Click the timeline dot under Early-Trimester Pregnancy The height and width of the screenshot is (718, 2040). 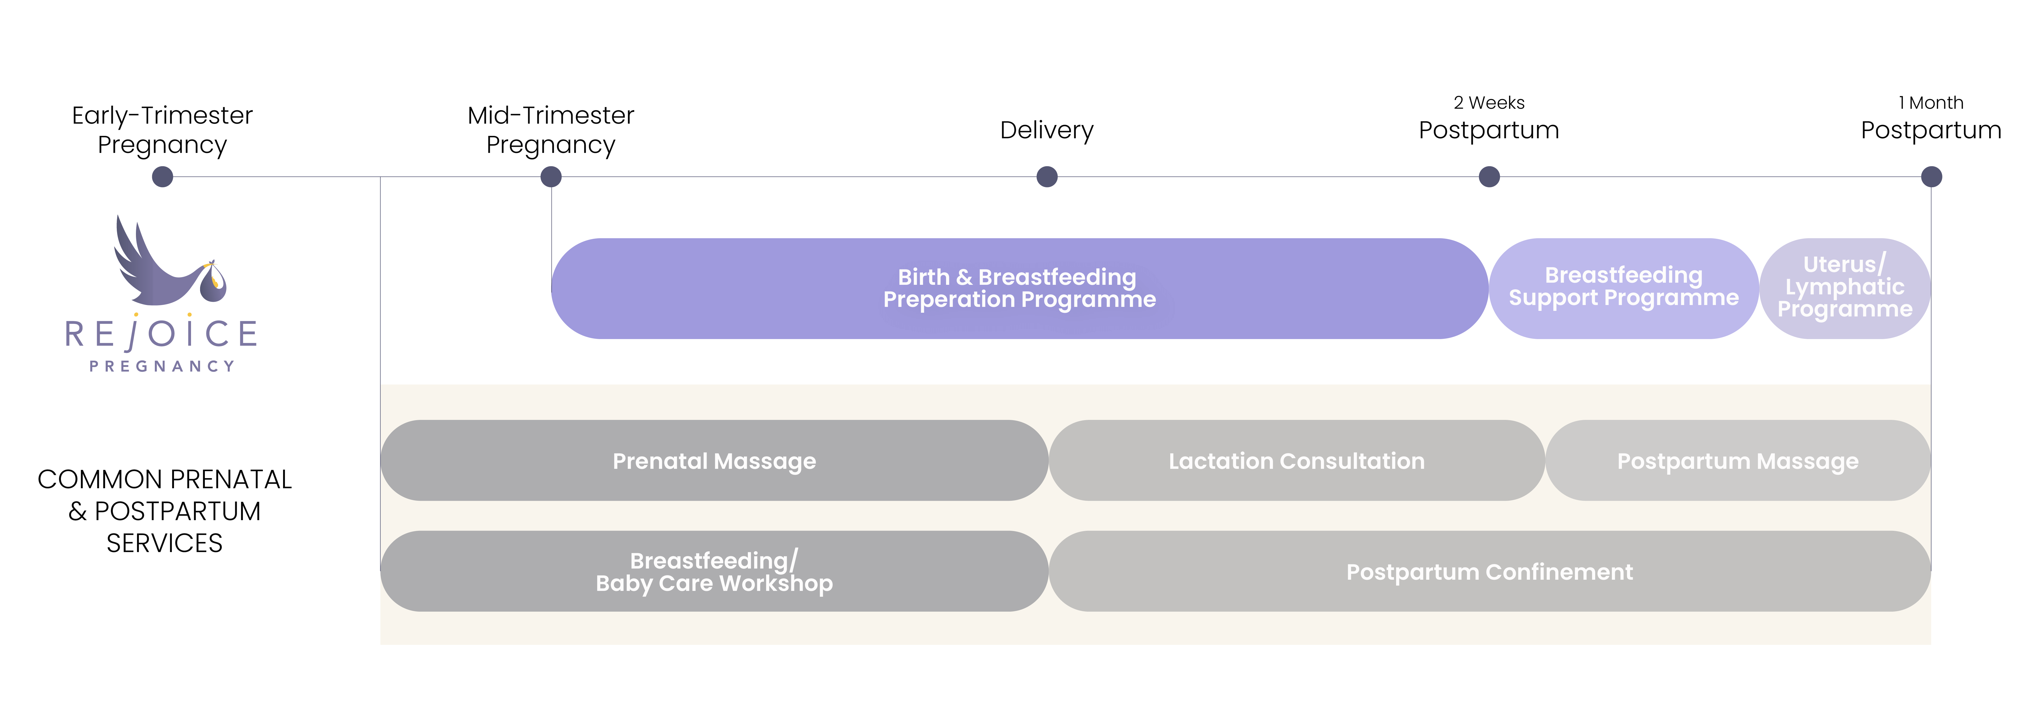click(162, 177)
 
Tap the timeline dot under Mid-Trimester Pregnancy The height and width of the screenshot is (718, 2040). click(551, 177)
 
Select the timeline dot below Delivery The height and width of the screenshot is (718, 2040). click(1047, 177)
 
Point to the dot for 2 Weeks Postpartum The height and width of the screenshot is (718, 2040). click(1489, 177)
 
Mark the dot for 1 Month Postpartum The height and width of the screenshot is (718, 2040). click(1931, 177)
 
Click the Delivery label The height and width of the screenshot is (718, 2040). click(1047, 130)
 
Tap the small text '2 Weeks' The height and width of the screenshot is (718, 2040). click(1489, 103)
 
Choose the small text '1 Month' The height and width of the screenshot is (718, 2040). click(1931, 103)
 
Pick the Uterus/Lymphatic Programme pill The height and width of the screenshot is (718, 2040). click(1845, 289)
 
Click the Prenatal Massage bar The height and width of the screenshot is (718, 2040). click(714, 461)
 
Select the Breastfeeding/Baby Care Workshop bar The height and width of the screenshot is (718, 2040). click(714, 571)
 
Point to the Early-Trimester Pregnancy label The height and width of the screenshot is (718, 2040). click(162, 130)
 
